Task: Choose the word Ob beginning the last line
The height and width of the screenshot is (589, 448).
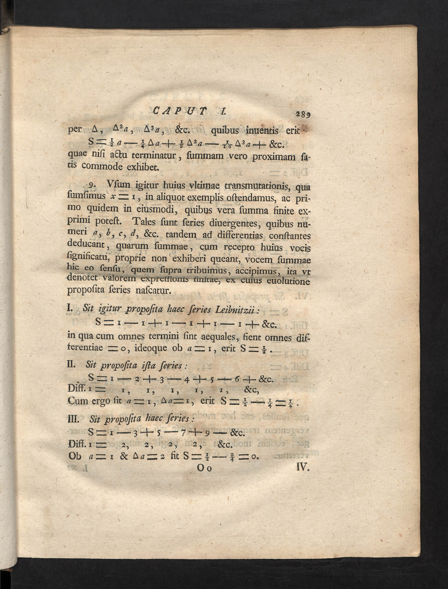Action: coord(74,456)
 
